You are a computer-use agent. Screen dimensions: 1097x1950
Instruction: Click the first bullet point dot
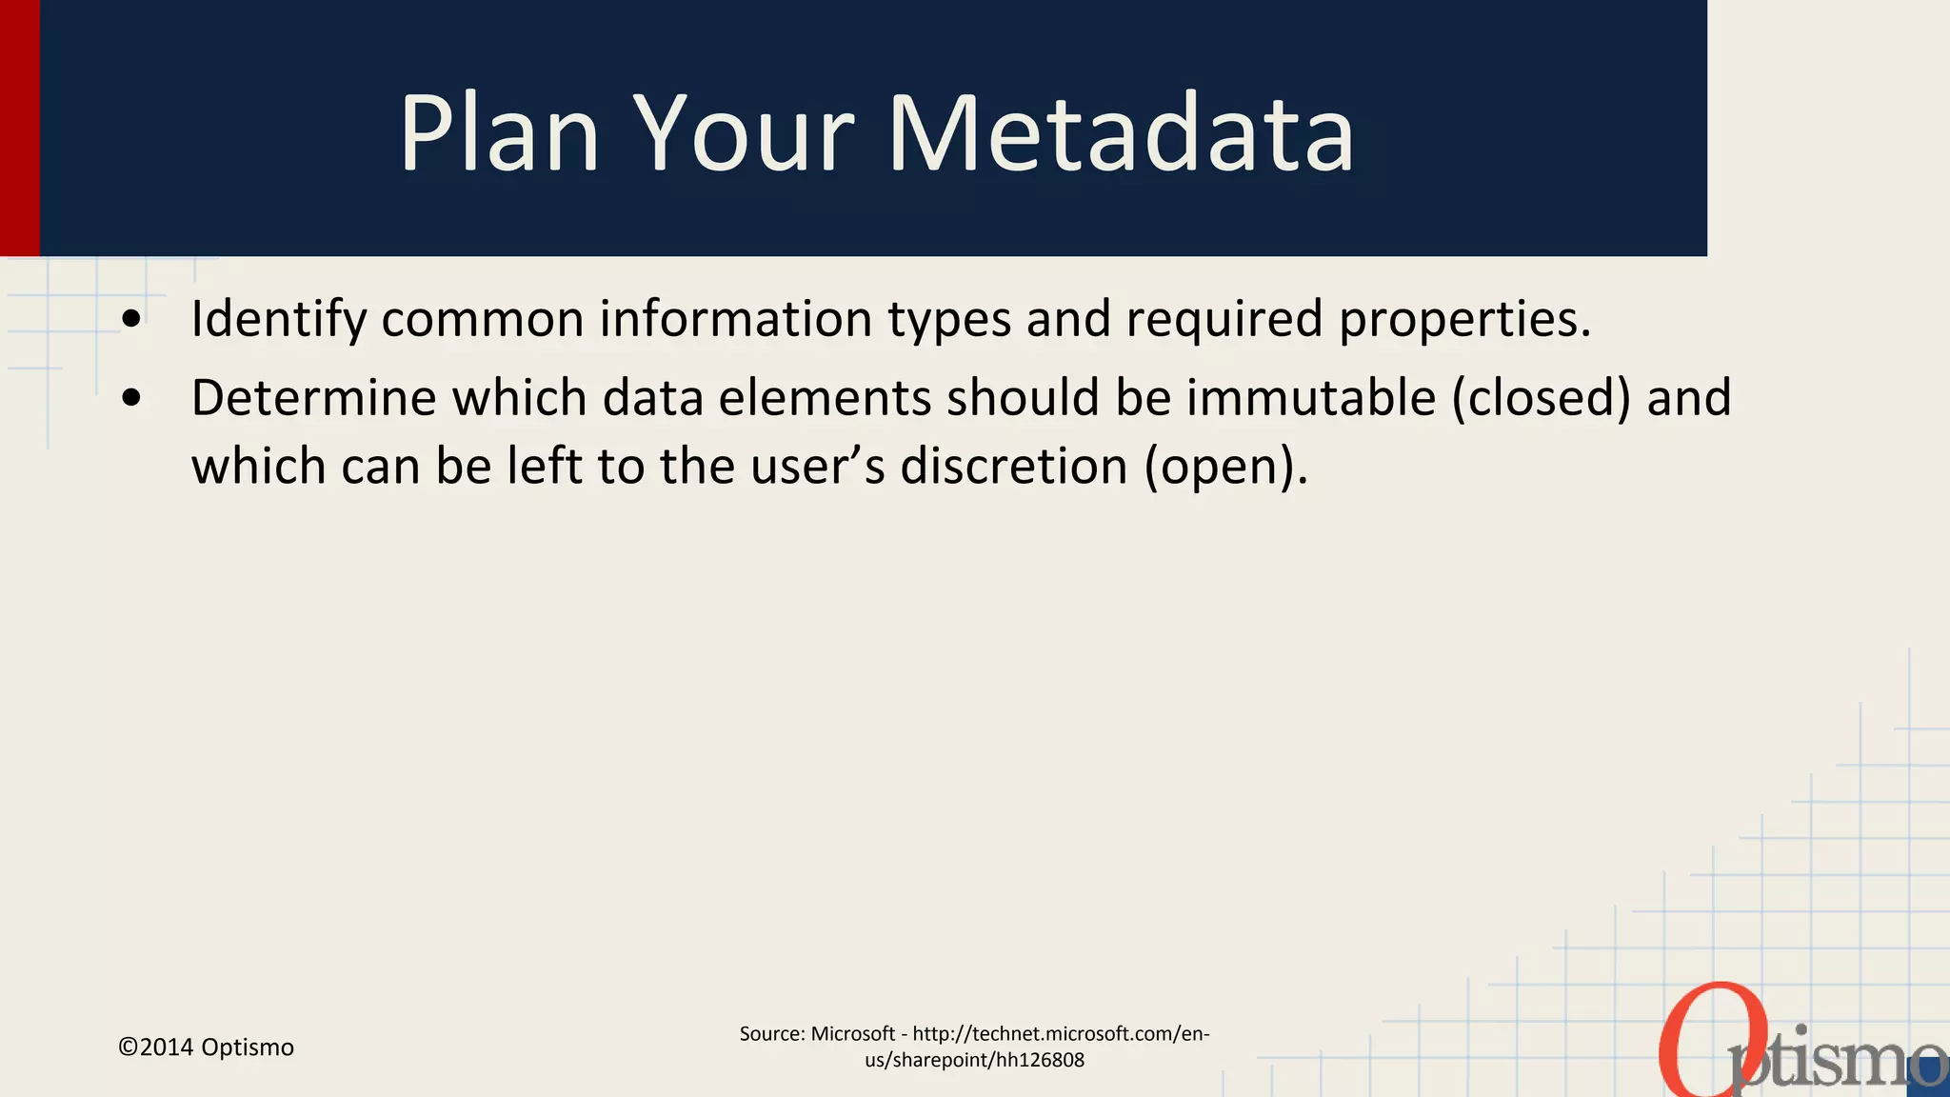pos(132,319)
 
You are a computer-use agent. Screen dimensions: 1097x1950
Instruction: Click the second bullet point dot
pos(132,399)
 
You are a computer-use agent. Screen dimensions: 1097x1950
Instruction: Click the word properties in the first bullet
pos(1464,319)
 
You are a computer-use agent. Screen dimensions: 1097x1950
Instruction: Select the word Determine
pos(312,398)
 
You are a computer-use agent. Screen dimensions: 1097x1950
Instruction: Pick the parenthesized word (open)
pos(1225,467)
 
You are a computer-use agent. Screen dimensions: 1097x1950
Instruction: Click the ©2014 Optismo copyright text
pos(206,1047)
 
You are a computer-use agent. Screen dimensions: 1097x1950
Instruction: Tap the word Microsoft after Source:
pos(852,1034)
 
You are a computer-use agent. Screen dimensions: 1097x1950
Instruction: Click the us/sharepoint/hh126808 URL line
pos(974,1061)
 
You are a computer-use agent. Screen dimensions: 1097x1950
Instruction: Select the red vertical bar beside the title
pos(19,128)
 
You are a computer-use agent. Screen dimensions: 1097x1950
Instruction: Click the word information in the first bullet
pos(735,319)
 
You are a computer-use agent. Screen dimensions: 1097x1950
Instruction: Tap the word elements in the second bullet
pos(824,398)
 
